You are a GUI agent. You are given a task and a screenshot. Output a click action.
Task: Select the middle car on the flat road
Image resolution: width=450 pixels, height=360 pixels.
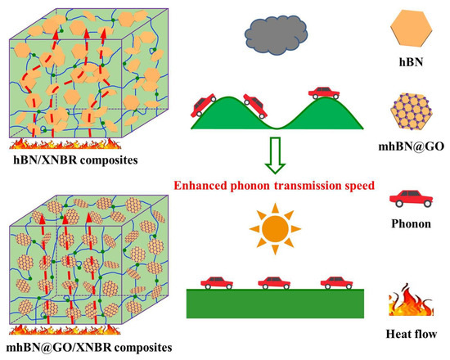click(272, 281)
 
